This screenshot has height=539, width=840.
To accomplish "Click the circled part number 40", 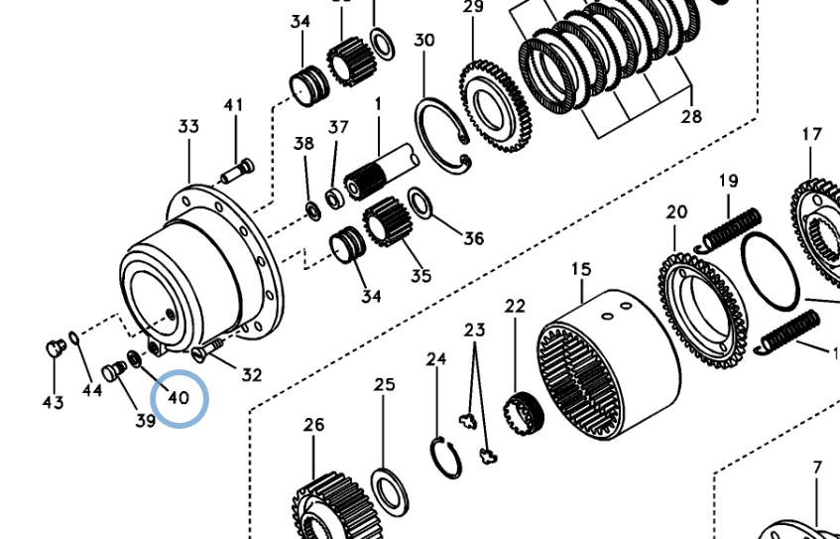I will coord(179,398).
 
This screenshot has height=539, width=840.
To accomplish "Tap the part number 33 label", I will coord(188,127).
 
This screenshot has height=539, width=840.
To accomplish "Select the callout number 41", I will coord(233,106).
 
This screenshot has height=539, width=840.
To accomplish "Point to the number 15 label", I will coord(580,269).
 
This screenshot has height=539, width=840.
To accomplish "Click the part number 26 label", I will coord(313,426).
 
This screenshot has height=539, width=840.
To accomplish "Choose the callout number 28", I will coord(691,116).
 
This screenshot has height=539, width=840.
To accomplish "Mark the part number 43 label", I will coord(53,402).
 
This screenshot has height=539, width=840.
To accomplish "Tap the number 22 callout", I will coord(515,307).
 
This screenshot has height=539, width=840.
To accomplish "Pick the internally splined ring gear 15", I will coord(607,363).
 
